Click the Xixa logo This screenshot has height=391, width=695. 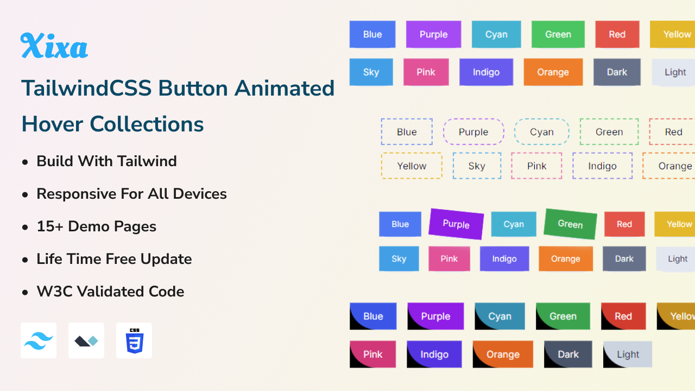pyautogui.click(x=54, y=46)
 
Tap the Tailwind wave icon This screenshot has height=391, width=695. pyautogui.click(x=39, y=340)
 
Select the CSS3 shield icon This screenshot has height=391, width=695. pyautogui.click(x=134, y=340)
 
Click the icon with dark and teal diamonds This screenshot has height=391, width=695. pyautogui.click(x=86, y=340)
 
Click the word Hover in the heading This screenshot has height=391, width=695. pyautogui.click(x=53, y=124)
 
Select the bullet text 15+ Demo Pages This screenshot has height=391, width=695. pyautogui.click(x=96, y=226)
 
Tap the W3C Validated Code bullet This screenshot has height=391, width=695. pyautogui.click(x=110, y=292)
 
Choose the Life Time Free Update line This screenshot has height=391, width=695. pyautogui.click(x=114, y=259)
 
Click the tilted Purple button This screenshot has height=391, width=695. pyautogui.click(x=456, y=224)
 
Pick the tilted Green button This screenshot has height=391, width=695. pyautogui.click(x=570, y=224)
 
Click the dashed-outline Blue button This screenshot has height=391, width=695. pyautogui.click(x=407, y=132)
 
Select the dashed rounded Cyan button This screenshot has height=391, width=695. pyautogui.click(x=541, y=132)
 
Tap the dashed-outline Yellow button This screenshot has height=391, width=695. pyautogui.click(x=412, y=166)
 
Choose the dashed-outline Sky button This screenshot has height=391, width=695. pyautogui.click(x=477, y=166)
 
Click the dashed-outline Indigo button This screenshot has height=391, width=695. pyautogui.click(x=602, y=166)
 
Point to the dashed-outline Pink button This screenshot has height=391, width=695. pyautogui.click(x=536, y=166)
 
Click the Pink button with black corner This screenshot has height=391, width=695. pyautogui.click(x=373, y=354)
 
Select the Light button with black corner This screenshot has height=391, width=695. pyautogui.click(x=628, y=354)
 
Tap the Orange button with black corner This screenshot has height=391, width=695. pyautogui.click(x=503, y=354)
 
